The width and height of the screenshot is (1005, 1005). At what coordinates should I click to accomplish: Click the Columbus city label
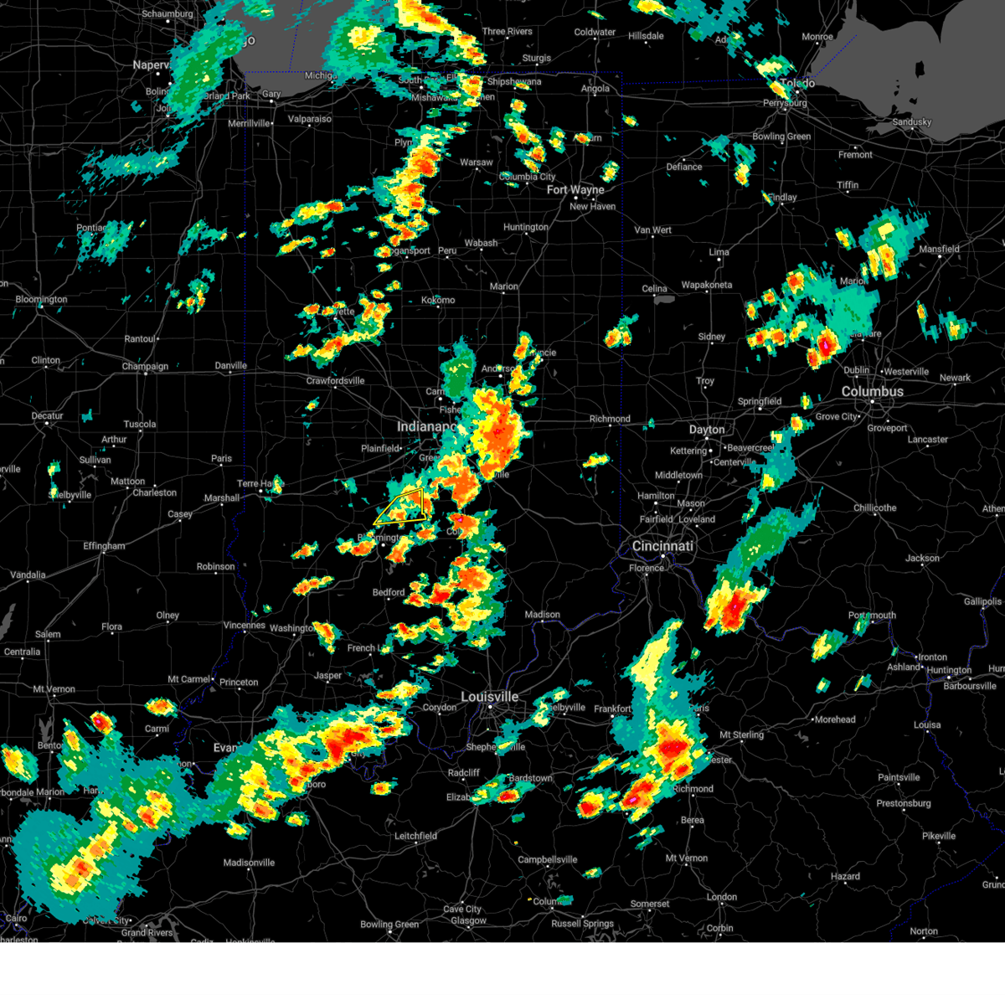[x=872, y=392]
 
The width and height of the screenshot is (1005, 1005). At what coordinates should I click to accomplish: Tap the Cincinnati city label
[x=662, y=546]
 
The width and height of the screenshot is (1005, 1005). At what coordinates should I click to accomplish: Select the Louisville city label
[x=490, y=697]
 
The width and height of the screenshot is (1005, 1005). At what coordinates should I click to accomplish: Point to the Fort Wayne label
[x=575, y=190]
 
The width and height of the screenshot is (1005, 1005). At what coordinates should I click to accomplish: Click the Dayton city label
[x=707, y=430]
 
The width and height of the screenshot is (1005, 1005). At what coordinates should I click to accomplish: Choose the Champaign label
[x=145, y=367]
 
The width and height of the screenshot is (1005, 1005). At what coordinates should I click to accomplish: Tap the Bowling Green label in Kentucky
[x=389, y=925]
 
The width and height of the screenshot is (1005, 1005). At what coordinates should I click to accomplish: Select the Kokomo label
[x=438, y=300]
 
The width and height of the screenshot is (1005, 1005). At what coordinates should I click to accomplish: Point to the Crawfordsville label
[x=335, y=381]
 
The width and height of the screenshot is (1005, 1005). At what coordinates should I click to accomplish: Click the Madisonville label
[x=249, y=863]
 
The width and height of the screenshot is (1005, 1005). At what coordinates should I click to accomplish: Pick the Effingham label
[x=104, y=546]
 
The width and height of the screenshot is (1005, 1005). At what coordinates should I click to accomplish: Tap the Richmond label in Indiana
[x=610, y=419]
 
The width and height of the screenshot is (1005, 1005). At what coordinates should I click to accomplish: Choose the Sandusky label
[x=911, y=122]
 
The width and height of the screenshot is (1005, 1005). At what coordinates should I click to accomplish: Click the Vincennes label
[x=244, y=626]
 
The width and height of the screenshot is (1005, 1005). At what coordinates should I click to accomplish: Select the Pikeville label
[x=938, y=836]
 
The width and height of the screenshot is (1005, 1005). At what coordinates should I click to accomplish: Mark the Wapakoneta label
[x=706, y=285]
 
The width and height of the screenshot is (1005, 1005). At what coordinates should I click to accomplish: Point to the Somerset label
[x=650, y=904]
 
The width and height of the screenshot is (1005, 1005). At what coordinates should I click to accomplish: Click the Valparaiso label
[x=309, y=119]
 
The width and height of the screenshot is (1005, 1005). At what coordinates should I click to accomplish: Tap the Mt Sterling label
[x=742, y=735]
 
